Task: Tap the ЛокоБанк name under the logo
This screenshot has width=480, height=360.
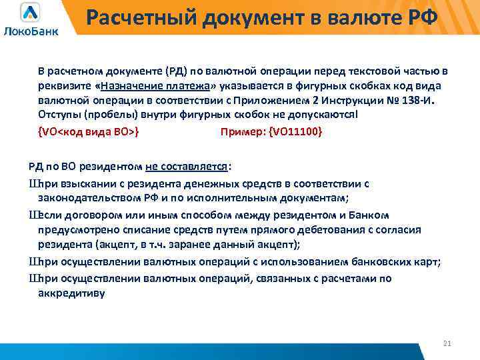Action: coord(31,31)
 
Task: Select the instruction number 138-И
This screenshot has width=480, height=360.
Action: coord(417,101)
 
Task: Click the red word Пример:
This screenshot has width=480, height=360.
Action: coord(242,131)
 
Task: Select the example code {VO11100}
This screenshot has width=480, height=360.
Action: coord(295,131)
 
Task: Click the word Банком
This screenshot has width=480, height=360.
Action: coord(372,214)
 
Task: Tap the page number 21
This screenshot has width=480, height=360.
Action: coord(447,343)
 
